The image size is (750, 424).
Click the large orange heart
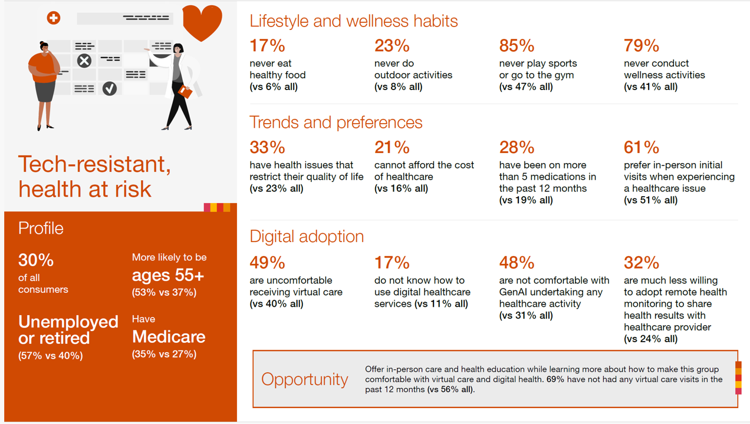click(x=202, y=22)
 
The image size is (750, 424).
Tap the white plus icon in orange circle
click(x=54, y=18)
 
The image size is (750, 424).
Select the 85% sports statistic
click(x=517, y=46)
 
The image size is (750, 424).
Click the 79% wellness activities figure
click(x=642, y=46)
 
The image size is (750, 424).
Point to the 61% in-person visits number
click(x=642, y=147)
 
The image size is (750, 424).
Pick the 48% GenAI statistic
click(x=517, y=263)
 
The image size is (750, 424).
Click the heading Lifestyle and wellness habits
click(x=354, y=21)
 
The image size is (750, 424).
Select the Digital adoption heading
click(x=307, y=236)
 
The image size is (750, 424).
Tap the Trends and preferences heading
click(x=336, y=122)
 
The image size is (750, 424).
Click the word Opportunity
click(x=305, y=379)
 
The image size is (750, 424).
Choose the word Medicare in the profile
click(x=169, y=337)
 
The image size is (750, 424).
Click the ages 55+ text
click(x=168, y=275)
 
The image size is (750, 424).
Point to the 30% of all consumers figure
click(x=36, y=260)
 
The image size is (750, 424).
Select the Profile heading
click(x=41, y=228)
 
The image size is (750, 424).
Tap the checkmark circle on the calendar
click(x=110, y=88)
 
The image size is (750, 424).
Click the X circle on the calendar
click(x=84, y=60)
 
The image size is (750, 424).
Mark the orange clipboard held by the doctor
click(x=185, y=92)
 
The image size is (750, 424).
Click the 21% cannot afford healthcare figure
click(x=392, y=147)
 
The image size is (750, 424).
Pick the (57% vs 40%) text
click(x=51, y=355)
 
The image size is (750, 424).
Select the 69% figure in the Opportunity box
click(x=555, y=379)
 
